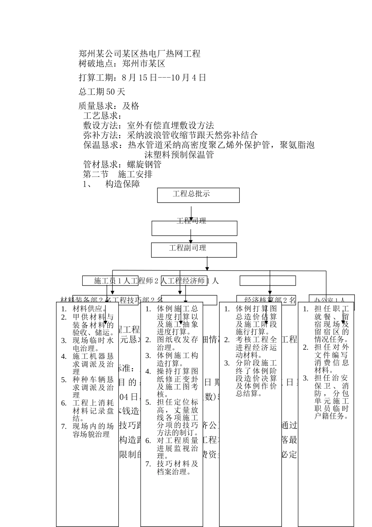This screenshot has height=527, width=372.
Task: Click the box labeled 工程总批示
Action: click(x=198, y=195)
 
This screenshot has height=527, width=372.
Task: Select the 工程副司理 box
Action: click(x=194, y=250)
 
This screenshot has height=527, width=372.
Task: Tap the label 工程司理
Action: click(x=191, y=221)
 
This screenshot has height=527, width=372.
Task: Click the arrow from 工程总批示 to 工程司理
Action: click(x=191, y=212)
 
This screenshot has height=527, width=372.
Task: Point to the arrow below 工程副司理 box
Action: click(x=207, y=263)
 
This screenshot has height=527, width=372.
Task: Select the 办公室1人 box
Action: click(x=331, y=300)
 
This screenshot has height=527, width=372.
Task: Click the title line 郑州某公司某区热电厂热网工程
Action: click(x=139, y=54)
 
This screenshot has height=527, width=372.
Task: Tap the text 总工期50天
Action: click(x=102, y=92)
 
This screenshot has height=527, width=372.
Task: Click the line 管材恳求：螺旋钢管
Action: click(x=122, y=164)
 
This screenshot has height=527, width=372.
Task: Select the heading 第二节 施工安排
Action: click(x=118, y=174)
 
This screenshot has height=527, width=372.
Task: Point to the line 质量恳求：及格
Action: click(x=109, y=106)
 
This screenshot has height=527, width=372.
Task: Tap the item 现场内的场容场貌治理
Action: click(x=93, y=430)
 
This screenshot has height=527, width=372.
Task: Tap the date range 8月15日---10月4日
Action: click(x=164, y=78)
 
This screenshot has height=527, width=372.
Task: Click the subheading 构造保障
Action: click(x=123, y=184)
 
